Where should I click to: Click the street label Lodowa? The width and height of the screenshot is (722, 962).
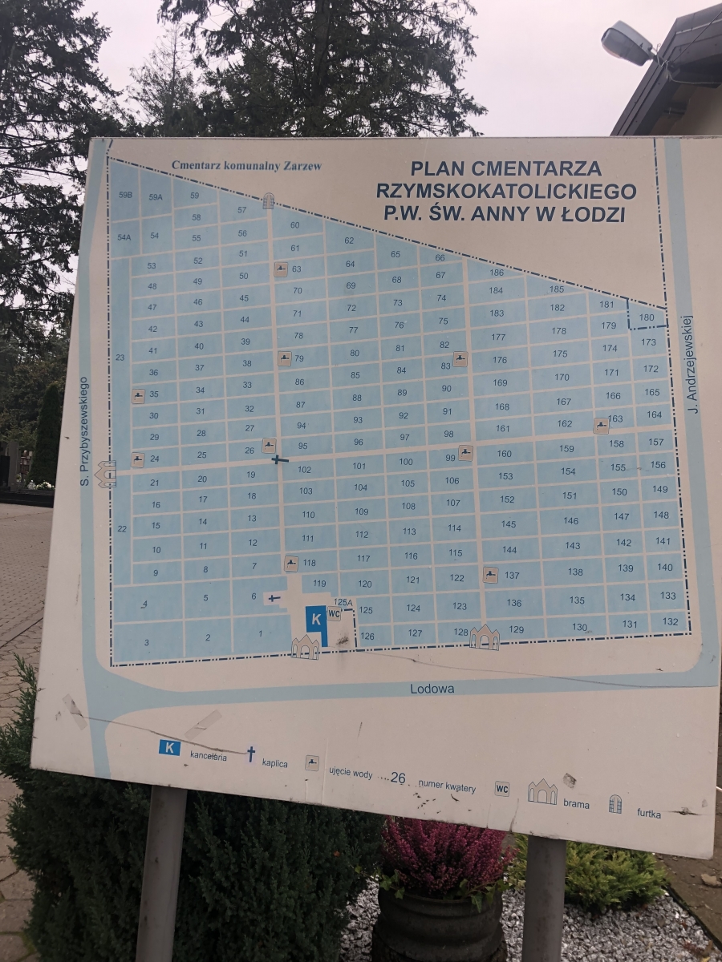432,689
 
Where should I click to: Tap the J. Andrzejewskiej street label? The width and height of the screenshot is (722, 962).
689,370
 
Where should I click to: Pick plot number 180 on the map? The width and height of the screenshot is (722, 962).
647,317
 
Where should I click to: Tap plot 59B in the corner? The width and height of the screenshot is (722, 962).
124,195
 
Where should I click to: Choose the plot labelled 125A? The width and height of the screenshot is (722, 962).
343,601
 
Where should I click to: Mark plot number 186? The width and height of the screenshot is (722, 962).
496,273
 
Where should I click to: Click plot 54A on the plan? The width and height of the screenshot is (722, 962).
124,236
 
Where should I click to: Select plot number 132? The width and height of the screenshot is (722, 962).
670,621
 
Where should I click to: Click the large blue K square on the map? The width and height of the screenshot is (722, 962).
316,618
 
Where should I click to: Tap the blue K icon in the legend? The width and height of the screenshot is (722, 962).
169,747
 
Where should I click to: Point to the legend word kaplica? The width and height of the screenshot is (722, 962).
274,763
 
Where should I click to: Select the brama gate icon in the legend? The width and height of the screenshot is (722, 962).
542,792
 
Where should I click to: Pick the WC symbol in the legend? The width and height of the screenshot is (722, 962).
502,788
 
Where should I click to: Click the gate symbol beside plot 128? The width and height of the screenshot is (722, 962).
484,637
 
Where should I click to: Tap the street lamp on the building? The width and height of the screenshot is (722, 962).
628,42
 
